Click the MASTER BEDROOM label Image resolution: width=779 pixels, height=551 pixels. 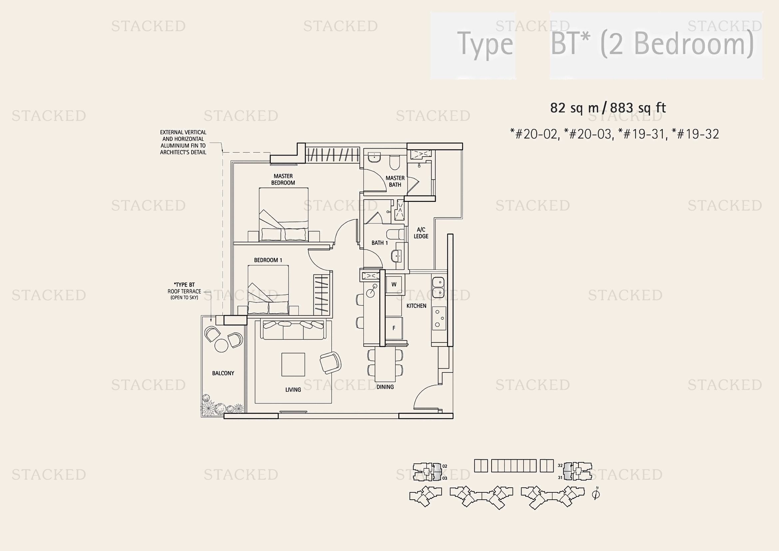[283, 180]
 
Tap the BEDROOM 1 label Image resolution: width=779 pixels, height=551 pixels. [268, 260]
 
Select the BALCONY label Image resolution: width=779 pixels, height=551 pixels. [223, 373]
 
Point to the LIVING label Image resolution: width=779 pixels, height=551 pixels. [293, 390]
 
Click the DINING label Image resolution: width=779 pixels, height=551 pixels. [385, 387]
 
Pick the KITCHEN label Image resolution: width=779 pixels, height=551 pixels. [416, 306]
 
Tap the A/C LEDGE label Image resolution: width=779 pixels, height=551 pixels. [421, 233]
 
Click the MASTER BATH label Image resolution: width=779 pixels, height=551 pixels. [395, 182]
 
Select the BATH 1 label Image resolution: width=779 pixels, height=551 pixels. [379, 243]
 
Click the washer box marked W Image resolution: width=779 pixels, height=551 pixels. [394, 284]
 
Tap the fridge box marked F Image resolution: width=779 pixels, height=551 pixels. [394, 328]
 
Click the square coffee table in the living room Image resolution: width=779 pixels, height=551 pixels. [293, 364]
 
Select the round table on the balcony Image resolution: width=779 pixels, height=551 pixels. [222, 346]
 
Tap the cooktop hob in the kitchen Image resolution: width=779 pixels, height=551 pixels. [439, 318]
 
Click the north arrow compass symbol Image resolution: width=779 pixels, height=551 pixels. [596, 494]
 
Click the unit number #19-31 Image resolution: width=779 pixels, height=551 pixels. [641, 134]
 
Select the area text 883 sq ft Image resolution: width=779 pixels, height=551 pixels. [638, 108]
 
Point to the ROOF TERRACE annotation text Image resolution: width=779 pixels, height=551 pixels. [184, 291]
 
